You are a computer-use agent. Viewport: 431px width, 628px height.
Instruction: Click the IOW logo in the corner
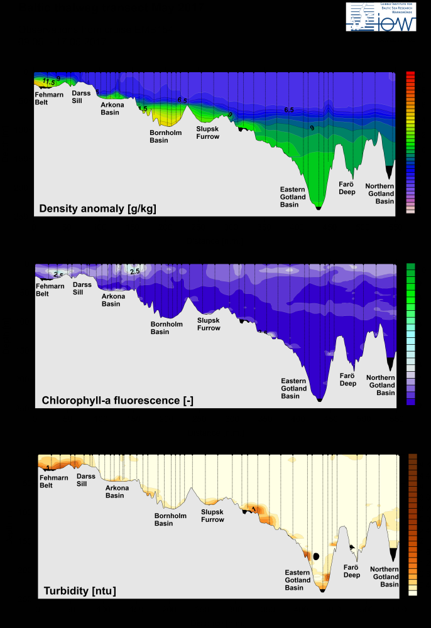click(x=381, y=17)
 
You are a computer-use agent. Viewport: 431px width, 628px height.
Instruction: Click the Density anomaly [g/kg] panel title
click(x=97, y=208)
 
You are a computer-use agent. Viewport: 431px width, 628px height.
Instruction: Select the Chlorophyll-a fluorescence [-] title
click(x=117, y=399)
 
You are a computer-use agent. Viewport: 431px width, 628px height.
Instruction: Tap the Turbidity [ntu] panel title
click(x=80, y=590)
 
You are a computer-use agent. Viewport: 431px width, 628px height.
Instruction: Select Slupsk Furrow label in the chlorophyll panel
click(x=209, y=324)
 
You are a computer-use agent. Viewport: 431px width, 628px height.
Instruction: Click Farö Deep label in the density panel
click(x=347, y=187)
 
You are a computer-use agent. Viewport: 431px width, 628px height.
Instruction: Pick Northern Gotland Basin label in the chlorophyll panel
click(x=381, y=385)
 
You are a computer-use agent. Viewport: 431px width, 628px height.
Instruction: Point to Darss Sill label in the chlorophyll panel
click(x=82, y=288)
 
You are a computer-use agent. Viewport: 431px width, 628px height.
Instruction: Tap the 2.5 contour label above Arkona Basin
click(x=134, y=271)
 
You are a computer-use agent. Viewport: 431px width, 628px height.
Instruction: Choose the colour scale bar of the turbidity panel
click(x=413, y=524)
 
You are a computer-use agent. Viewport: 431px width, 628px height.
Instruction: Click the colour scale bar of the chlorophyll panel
click(x=411, y=333)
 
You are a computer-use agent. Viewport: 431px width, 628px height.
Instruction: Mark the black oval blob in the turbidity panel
click(x=317, y=556)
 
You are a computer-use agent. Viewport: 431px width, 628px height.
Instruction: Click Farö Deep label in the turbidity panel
click(x=352, y=571)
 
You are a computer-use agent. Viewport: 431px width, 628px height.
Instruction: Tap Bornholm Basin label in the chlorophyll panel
click(x=166, y=328)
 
